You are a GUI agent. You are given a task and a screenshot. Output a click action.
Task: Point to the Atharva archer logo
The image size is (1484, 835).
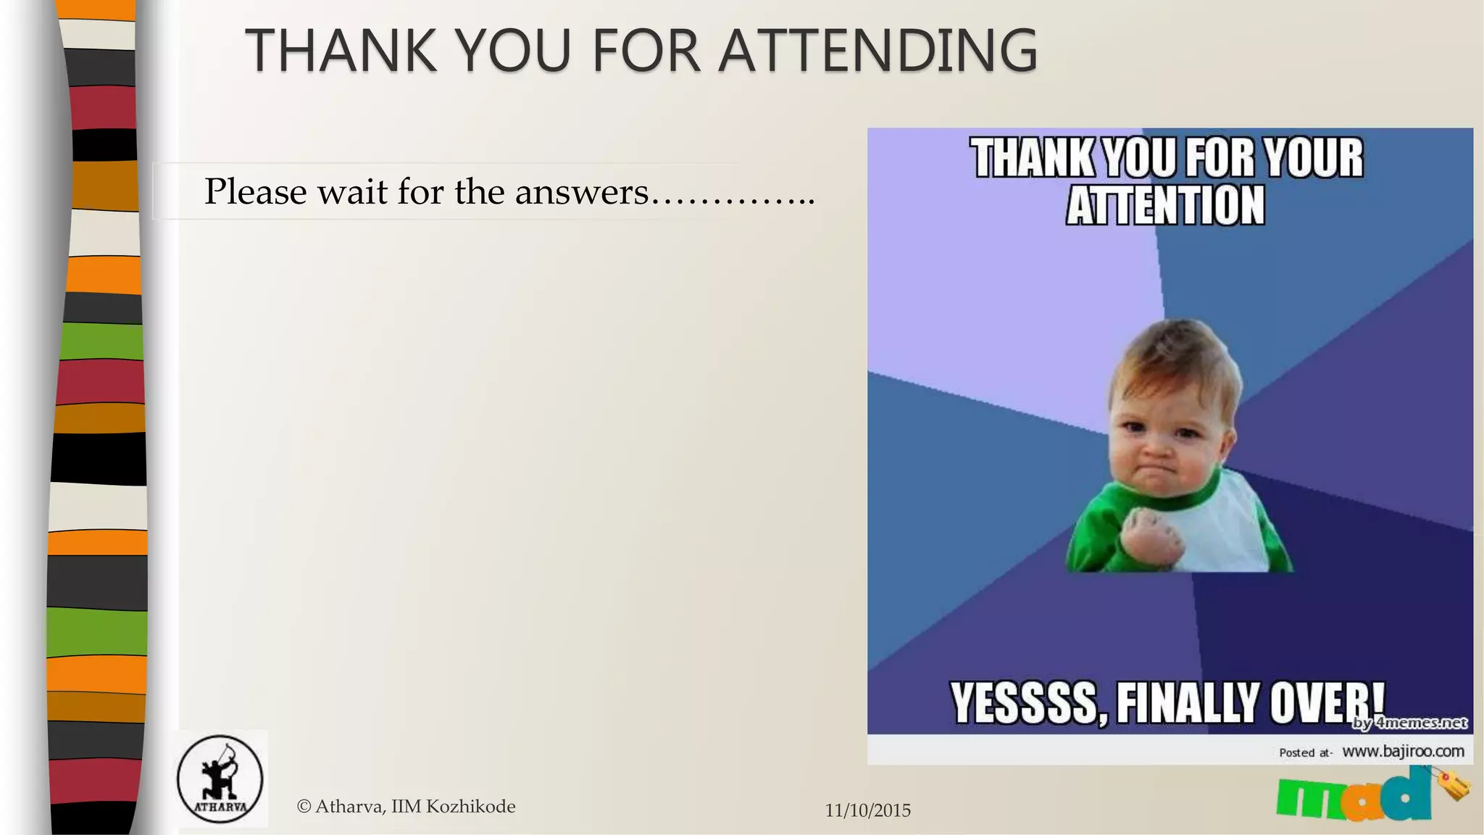[x=220, y=779]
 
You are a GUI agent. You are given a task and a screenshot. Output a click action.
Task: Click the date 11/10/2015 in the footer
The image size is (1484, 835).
[x=867, y=810]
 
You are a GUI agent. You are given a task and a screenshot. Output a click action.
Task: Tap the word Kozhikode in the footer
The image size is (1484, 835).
[x=470, y=807]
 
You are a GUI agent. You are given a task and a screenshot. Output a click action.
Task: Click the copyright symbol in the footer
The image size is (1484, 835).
[x=304, y=807]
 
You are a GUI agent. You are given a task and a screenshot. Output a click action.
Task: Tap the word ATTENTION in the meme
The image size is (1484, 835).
[x=1165, y=206]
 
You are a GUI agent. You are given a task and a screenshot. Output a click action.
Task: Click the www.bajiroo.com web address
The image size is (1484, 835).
[x=1403, y=752]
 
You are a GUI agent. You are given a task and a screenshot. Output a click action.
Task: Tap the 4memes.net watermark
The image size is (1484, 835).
[x=1409, y=723]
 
